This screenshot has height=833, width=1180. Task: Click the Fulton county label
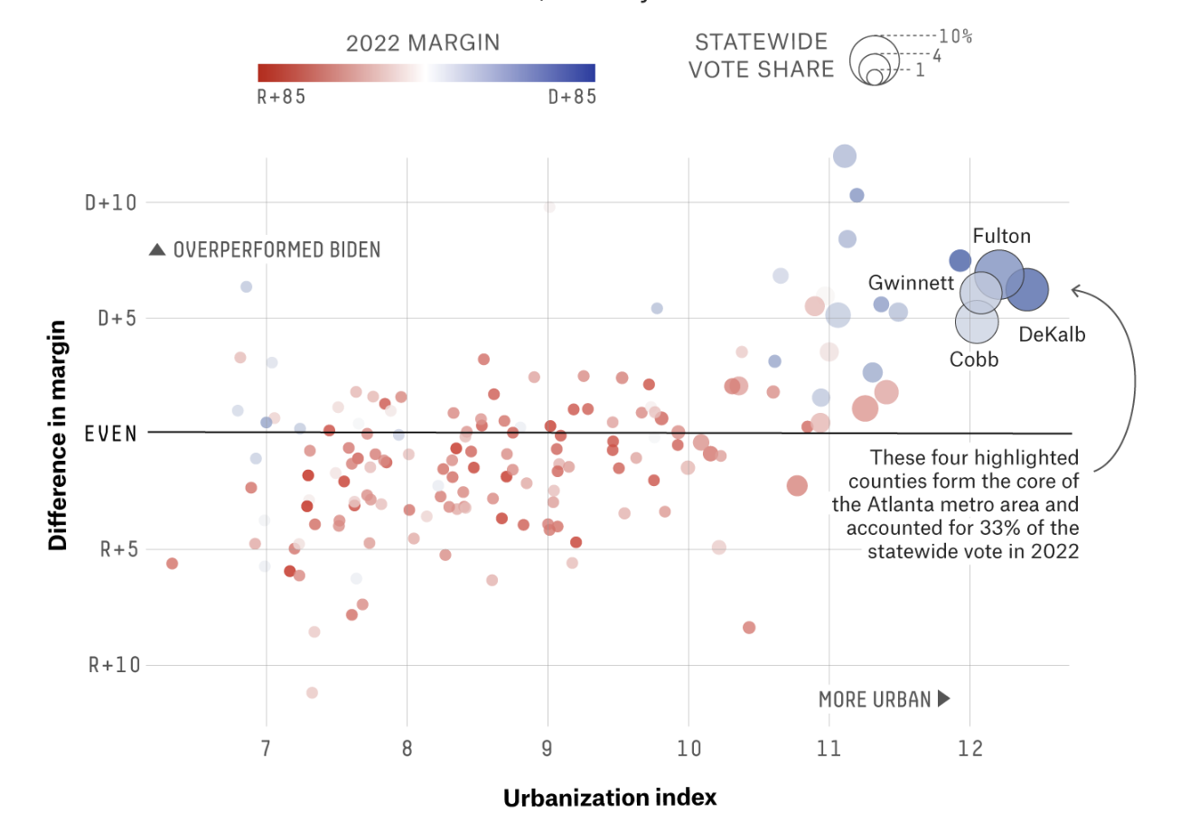(x=1001, y=237)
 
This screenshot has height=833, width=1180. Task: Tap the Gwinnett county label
(x=911, y=283)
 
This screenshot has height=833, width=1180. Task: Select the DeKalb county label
(x=1052, y=334)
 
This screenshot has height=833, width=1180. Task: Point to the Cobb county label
(x=974, y=360)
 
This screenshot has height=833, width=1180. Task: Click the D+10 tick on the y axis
(x=110, y=202)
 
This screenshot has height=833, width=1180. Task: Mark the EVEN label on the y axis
(x=110, y=433)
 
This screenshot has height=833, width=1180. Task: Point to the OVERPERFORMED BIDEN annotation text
(x=276, y=250)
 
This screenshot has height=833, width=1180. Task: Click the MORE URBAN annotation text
(x=874, y=699)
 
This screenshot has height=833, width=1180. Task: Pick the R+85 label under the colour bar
(x=281, y=97)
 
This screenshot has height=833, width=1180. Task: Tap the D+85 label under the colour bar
(x=572, y=97)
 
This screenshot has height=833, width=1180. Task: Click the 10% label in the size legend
(x=955, y=37)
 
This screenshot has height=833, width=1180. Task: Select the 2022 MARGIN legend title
(x=423, y=43)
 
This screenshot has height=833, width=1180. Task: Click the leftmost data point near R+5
(x=172, y=563)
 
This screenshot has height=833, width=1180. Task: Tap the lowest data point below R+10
(x=312, y=692)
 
